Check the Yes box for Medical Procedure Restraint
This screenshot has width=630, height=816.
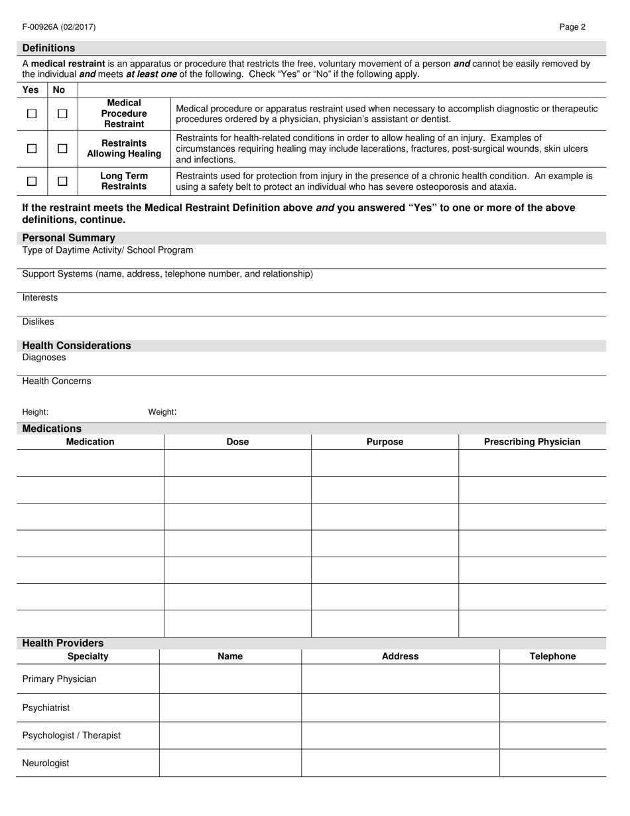click(x=32, y=113)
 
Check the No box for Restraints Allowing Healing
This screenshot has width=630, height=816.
click(x=62, y=149)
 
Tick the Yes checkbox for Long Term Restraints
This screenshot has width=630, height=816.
click(x=32, y=181)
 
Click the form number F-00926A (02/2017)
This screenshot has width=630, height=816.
click(x=59, y=27)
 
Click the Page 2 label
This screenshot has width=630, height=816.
click(x=572, y=27)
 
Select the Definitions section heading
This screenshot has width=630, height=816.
click(x=49, y=48)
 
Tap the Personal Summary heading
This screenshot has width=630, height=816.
click(x=69, y=238)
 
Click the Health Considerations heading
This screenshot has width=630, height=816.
click(x=77, y=346)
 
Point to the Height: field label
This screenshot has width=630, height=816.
click(x=35, y=412)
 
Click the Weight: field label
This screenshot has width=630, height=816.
click(x=162, y=412)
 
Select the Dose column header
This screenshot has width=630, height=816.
click(x=237, y=442)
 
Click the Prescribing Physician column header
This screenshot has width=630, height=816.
click(x=532, y=442)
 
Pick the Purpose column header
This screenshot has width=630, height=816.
click(x=385, y=442)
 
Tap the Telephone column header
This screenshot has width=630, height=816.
click(x=552, y=656)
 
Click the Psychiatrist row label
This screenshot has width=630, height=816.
click(x=46, y=708)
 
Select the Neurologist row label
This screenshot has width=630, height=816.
click(x=46, y=763)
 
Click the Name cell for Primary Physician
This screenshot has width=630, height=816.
click(x=230, y=679)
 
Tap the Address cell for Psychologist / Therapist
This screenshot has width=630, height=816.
click(x=400, y=735)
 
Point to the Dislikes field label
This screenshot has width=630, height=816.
click(x=38, y=322)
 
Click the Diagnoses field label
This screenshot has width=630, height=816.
click(x=44, y=358)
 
